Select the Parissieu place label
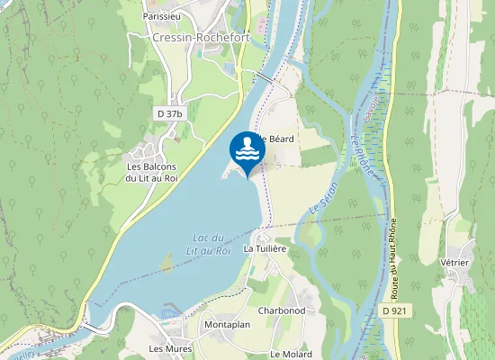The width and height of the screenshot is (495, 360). [x=163, y=16]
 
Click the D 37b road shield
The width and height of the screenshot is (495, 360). [x=169, y=113]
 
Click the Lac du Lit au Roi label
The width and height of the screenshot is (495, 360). [x=211, y=244]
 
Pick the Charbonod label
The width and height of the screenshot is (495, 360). [x=281, y=310]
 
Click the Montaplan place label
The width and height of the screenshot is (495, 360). [x=226, y=324]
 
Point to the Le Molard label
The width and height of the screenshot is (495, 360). [x=291, y=354]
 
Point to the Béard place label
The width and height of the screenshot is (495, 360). [x=275, y=139]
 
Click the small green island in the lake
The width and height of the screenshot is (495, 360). [x=166, y=263]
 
